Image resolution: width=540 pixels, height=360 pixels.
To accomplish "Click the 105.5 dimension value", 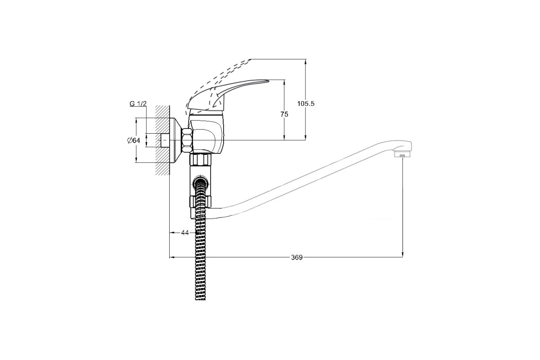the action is click(306, 103).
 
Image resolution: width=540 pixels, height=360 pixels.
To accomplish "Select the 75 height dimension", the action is click(284, 114).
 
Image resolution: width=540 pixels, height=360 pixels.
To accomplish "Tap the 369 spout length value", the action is click(297, 257).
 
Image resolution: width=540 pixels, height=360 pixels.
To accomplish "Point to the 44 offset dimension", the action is click(185, 233).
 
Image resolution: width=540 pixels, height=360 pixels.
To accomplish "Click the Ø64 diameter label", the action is click(134, 140).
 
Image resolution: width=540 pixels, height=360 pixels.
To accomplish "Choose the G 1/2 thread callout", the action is click(138, 103).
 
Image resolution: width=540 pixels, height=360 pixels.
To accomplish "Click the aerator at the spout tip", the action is click(402, 154).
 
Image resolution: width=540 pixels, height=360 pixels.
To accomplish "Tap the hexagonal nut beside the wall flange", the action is click(187, 140).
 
